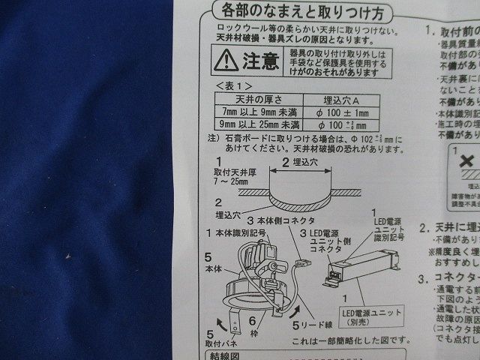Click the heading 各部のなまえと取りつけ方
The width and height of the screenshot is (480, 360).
[x=300, y=13]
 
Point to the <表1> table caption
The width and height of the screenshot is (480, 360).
[x=232, y=86]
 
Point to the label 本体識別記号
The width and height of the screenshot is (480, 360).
[x=240, y=235]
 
